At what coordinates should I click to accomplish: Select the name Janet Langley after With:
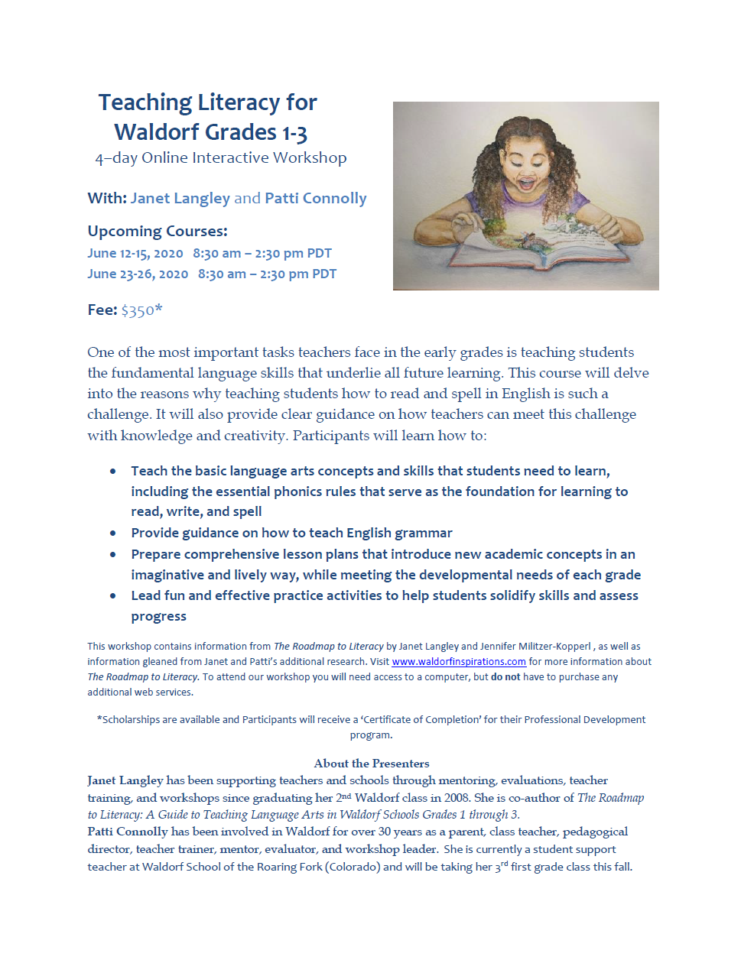[x=180, y=198]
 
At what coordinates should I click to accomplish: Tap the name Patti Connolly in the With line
[x=315, y=198]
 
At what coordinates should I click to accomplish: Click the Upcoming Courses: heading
[x=158, y=231]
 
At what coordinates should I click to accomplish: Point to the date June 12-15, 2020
[x=135, y=253]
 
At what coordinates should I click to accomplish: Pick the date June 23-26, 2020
[x=138, y=274]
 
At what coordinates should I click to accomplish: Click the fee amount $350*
[x=141, y=310]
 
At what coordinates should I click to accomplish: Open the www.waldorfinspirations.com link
[x=459, y=662]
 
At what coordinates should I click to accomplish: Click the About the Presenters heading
[x=372, y=763]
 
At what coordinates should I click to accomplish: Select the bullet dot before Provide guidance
[x=113, y=534]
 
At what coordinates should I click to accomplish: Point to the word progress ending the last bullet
[x=158, y=616]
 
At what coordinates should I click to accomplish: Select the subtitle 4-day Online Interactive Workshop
[x=220, y=157]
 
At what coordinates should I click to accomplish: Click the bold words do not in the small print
[x=505, y=677]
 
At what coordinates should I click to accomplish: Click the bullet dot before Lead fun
[x=113, y=596]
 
